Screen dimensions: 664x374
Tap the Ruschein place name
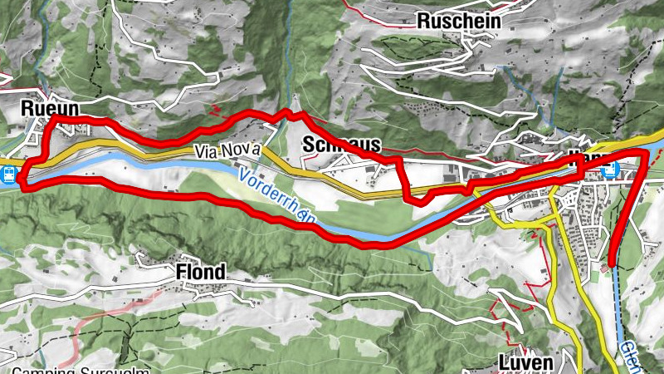(x=459, y=20)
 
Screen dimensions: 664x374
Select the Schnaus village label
(x=342, y=142)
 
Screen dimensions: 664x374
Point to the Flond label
(x=200, y=272)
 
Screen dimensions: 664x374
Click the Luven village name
(x=526, y=363)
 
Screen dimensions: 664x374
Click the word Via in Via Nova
(x=208, y=152)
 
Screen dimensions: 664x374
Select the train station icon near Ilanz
(x=610, y=170)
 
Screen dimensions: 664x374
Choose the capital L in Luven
(x=503, y=363)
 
